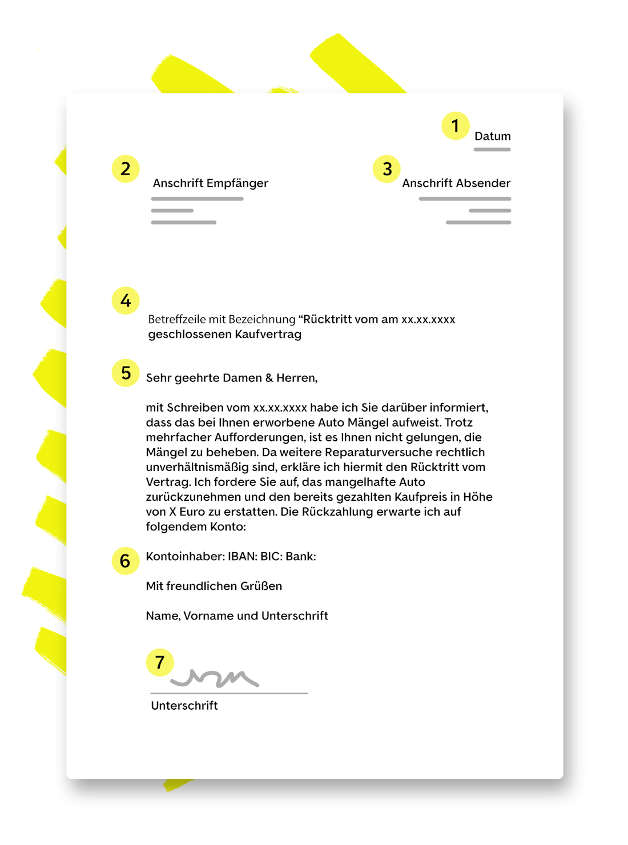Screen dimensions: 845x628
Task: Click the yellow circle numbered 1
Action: [455, 126]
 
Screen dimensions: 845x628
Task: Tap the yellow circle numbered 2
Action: [126, 169]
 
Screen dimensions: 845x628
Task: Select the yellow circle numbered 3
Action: [387, 169]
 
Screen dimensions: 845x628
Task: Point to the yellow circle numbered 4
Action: [126, 301]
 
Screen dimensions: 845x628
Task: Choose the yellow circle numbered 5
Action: [126, 373]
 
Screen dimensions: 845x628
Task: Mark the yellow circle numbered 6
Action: [126, 561]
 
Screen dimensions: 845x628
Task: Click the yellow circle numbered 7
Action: [160, 662]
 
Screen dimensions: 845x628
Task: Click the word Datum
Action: [492, 136]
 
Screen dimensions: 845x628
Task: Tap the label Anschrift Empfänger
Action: [210, 183]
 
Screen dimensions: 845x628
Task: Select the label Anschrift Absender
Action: [456, 183]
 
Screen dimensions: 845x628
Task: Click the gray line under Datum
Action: [492, 150]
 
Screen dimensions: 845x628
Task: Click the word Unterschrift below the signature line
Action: [184, 706]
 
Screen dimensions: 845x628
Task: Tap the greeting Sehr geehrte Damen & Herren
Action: [231, 378]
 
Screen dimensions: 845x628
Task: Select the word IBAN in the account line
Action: [242, 557]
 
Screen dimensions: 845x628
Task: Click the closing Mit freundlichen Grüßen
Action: [214, 586]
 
